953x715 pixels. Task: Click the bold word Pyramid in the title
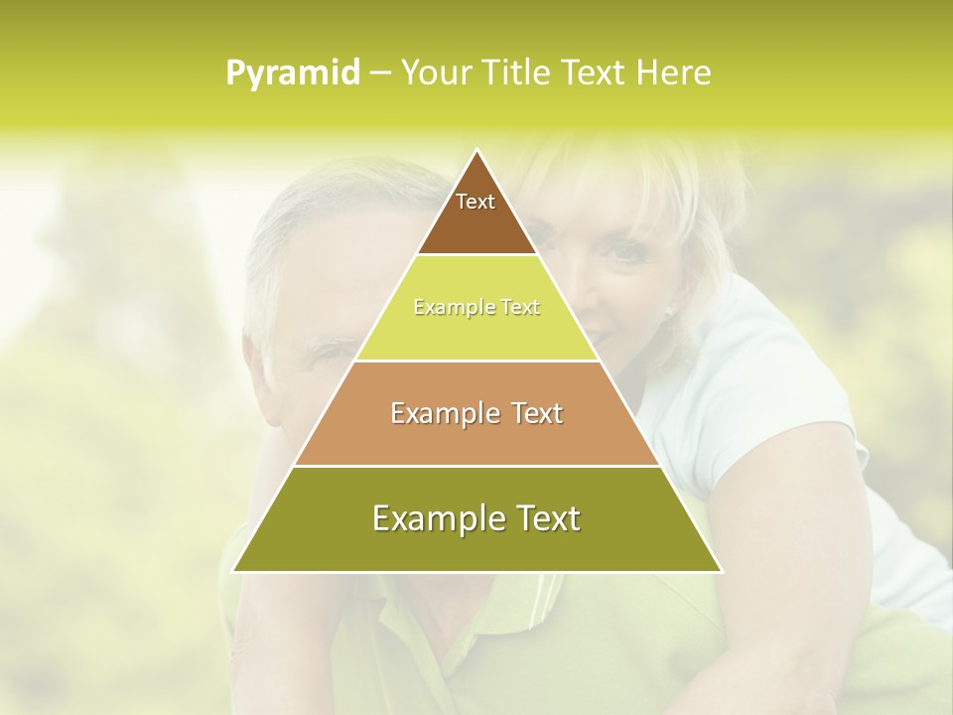point(293,73)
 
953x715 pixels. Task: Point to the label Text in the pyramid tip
point(476,202)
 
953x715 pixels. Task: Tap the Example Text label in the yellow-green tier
point(476,308)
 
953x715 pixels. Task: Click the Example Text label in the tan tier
point(476,413)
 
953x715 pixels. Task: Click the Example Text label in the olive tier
point(476,518)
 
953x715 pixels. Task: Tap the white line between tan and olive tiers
point(476,466)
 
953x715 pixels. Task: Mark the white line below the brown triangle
point(476,255)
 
